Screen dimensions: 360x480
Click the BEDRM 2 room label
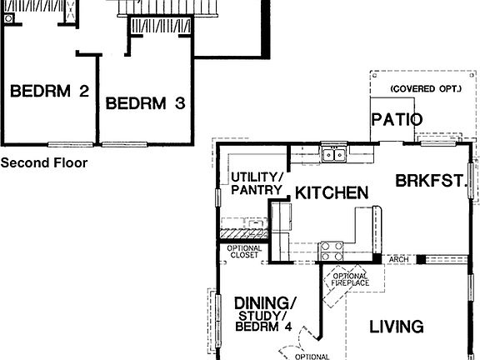(49, 91)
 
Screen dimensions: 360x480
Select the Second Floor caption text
(43, 163)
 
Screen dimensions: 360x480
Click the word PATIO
(397, 118)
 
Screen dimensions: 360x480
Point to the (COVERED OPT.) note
(423, 88)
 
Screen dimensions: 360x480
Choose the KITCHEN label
(332, 192)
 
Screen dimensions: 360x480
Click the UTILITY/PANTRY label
(257, 184)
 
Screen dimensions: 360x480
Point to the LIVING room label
(397, 327)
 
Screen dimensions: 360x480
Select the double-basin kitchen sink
(336, 153)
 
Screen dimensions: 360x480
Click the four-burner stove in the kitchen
(332, 247)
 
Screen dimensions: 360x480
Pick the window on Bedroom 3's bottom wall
(119, 145)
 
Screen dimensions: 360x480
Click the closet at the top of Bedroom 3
(160, 27)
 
